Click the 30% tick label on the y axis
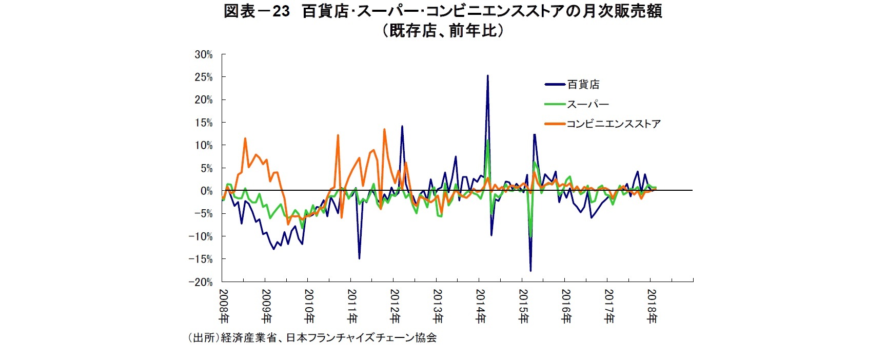click(x=203, y=55)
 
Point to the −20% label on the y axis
click(x=201, y=282)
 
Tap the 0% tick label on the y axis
click(x=206, y=191)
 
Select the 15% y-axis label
click(x=203, y=123)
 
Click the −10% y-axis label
click(x=201, y=237)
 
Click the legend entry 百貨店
click(x=583, y=85)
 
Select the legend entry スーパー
click(x=588, y=104)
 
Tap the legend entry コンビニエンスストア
click(x=614, y=124)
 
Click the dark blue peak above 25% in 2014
click(x=487, y=76)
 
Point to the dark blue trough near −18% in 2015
click(x=530, y=270)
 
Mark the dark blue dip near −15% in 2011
click(x=359, y=258)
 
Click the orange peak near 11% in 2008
click(x=245, y=138)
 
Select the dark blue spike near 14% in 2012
click(x=402, y=126)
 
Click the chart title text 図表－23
click(x=257, y=11)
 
